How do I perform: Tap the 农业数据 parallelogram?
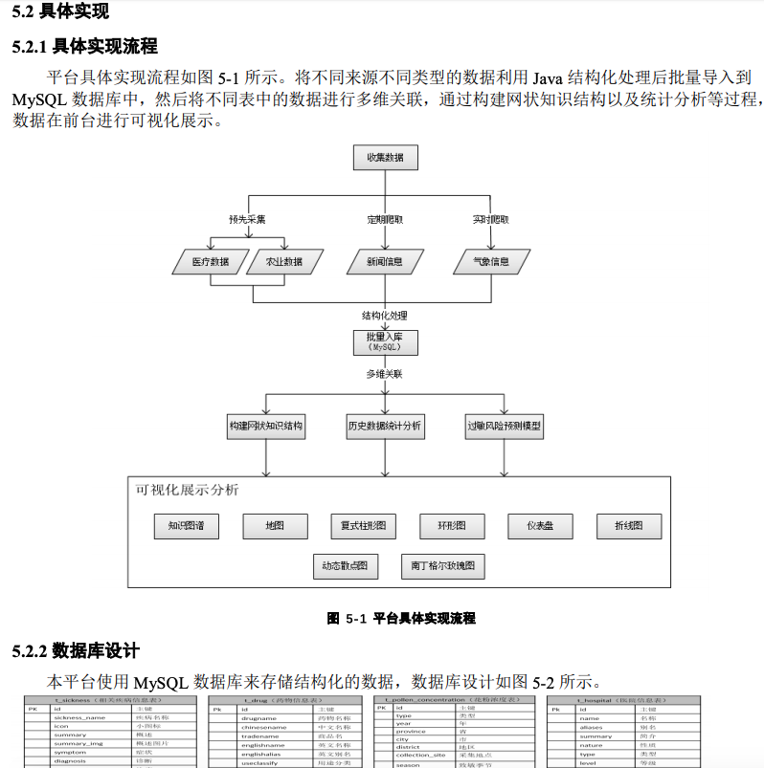coord(282,261)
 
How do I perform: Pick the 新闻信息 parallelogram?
coord(384,261)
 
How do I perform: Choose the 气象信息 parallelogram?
coord(490,261)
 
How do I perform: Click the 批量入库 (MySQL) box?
coord(385,342)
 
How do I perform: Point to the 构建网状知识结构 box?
coord(266,427)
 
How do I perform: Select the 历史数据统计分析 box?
coord(385,427)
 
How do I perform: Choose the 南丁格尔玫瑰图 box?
coord(442,565)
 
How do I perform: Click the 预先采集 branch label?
coord(247,219)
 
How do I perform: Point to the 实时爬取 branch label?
coord(490,219)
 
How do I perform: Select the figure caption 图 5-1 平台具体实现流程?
coord(401,619)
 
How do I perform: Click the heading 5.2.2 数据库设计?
coord(77,651)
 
